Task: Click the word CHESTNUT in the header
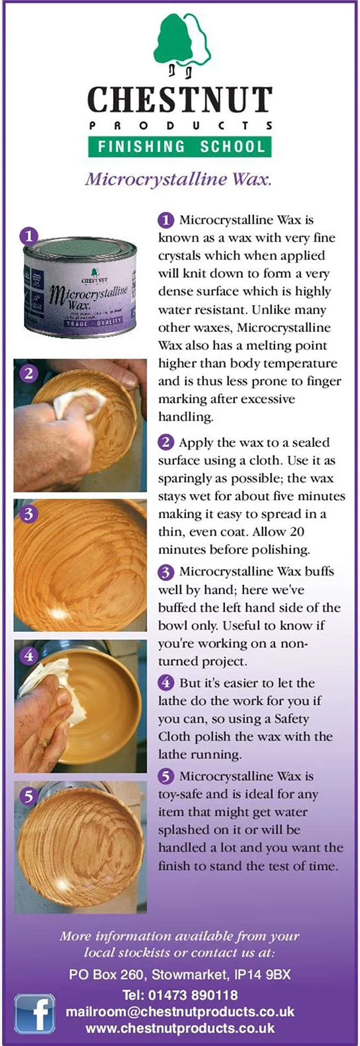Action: [x=180, y=100]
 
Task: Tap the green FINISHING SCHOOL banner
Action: [x=180, y=147]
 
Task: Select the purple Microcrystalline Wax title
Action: [x=179, y=179]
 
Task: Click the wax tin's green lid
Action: [x=80, y=248]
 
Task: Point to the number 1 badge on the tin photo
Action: [x=29, y=236]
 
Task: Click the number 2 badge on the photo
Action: [x=29, y=373]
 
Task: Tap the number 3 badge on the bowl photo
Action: [x=29, y=514]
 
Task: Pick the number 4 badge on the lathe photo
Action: [x=29, y=655]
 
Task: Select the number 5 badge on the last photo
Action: [x=29, y=796]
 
